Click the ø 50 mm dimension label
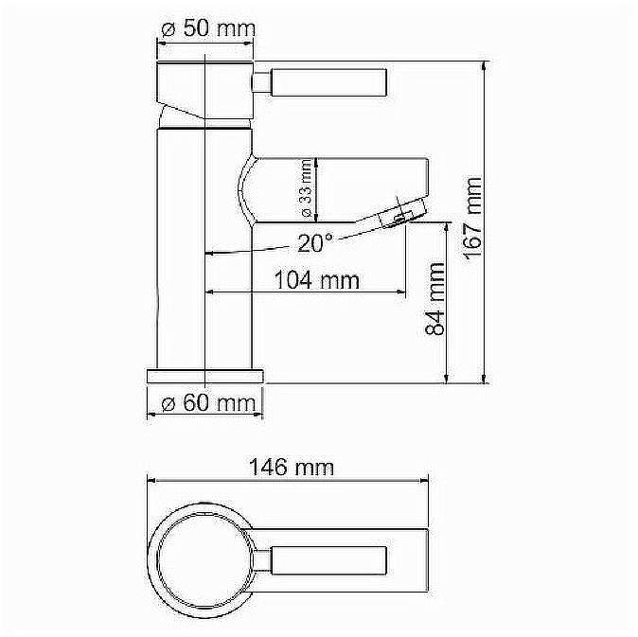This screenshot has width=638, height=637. pyautogui.click(x=208, y=29)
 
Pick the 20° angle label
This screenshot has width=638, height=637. pyautogui.click(x=314, y=243)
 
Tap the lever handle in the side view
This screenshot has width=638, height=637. pyautogui.click(x=330, y=81)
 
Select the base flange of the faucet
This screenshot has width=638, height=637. pyautogui.click(x=205, y=374)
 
